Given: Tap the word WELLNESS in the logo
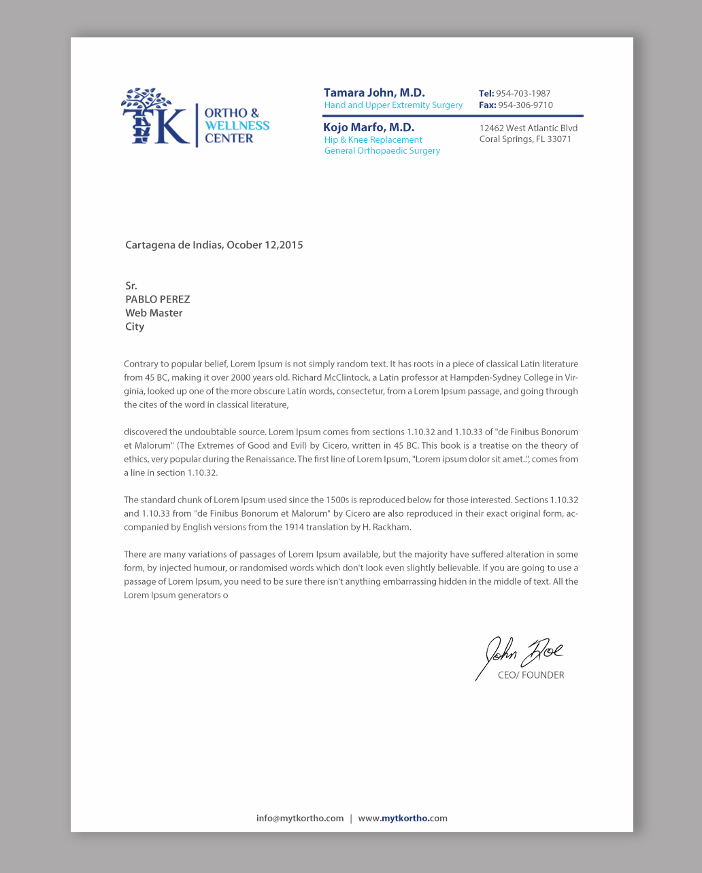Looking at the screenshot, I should pyautogui.click(x=237, y=126).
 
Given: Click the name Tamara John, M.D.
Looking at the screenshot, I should pyautogui.click(x=374, y=92).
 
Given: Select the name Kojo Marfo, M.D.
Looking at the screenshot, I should pyautogui.click(x=369, y=127).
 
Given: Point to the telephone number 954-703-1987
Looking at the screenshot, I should pyautogui.click(x=523, y=93).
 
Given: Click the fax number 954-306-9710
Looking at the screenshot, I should pyautogui.click(x=525, y=105).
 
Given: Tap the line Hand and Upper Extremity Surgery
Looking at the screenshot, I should pyautogui.click(x=393, y=105).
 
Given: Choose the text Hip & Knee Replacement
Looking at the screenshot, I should pyautogui.click(x=373, y=139).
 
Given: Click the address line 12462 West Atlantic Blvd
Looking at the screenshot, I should pyautogui.click(x=529, y=128).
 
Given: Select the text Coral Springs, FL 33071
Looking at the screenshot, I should pyautogui.click(x=525, y=139).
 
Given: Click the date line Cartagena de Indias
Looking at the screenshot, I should pyautogui.click(x=214, y=245).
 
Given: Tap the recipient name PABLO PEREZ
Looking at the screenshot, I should pyautogui.click(x=158, y=299).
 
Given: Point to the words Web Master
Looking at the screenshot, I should pyautogui.click(x=154, y=313).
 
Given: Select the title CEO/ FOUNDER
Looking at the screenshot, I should pyautogui.click(x=531, y=675).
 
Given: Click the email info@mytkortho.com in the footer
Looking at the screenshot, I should pyautogui.click(x=300, y=818).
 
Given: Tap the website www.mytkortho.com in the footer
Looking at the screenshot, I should pyautogui.click(x=403, y=818).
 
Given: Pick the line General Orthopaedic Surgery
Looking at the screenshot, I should pyautogui.click(x=382, y=150).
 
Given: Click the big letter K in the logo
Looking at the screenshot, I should pyautogui.click(x=172, y=126).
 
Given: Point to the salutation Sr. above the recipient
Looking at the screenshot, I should pyautogui.click(x=131, y=286).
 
